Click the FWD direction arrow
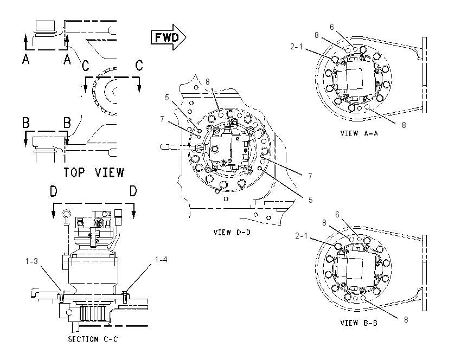tap(169, 37)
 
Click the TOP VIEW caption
tap(94, 172)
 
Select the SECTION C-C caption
tap(93, 339)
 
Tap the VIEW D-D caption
tap(232, 232)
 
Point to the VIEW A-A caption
tap(359, 133)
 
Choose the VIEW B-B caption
tap(358, 323)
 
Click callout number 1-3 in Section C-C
tap(31, 261)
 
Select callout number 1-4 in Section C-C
tap(161, 260)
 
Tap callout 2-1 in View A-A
tap(296, 47)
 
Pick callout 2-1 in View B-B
tap(302, 236)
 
